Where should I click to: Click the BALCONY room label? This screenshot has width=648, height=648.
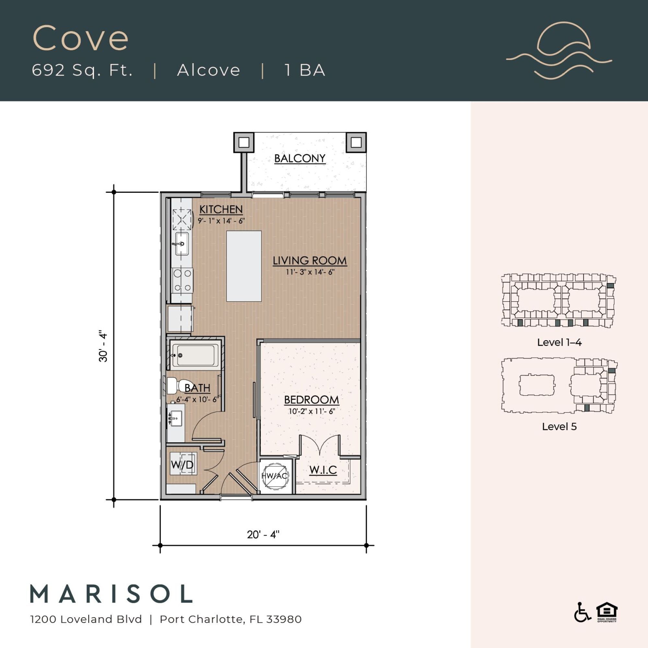299,158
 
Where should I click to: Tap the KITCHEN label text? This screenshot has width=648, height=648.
221,209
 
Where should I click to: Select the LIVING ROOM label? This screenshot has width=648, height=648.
309,260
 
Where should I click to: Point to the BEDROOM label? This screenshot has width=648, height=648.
311,399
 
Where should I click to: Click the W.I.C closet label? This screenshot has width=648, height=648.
323,470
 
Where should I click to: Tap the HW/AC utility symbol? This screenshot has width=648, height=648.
274,475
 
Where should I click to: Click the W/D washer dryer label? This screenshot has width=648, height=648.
182,465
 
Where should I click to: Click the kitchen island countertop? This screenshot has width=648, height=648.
244,266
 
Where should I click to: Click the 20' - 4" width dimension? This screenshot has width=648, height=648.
263,534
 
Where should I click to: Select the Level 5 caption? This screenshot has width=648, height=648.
559,427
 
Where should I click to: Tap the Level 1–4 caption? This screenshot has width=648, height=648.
559,342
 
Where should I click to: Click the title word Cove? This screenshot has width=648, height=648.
80,38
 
